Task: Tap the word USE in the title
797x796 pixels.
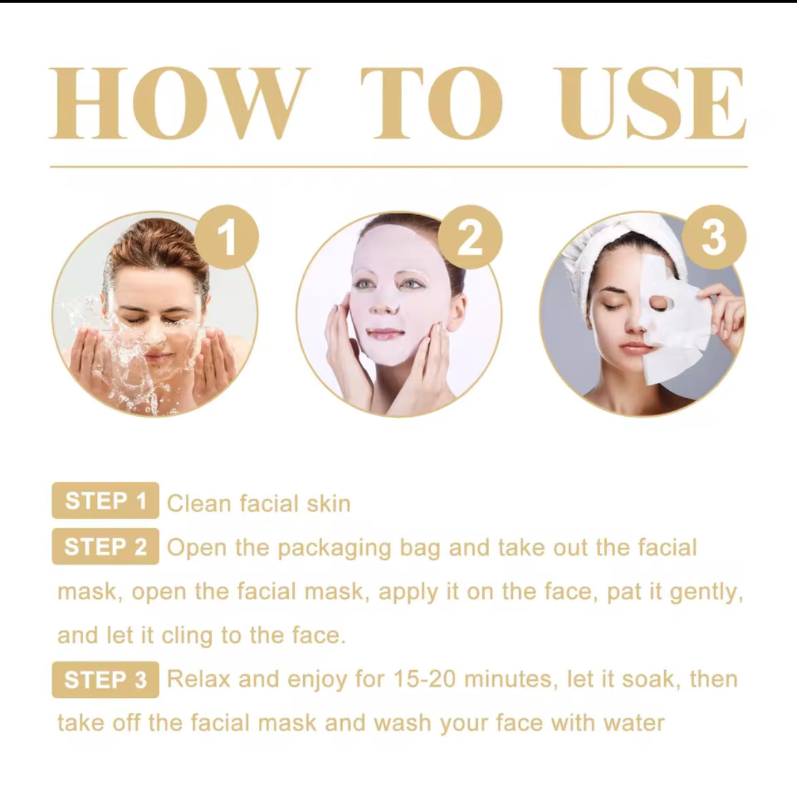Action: pos(652,104)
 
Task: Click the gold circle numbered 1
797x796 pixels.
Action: pos(226,238)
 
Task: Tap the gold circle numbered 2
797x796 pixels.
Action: pos(469,238)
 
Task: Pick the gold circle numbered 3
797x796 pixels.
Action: pos(713,238)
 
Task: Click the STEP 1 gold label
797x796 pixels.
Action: pos(105,501)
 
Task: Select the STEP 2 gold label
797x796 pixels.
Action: pos(105,547)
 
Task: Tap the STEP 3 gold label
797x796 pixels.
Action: pos(105,680)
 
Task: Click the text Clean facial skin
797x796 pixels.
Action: pos(258,504)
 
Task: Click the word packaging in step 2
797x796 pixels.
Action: pos(334,549)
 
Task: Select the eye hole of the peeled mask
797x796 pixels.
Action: pos(658,302)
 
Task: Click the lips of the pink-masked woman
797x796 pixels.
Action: pos(386,334)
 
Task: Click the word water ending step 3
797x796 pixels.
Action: pos(633,723)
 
